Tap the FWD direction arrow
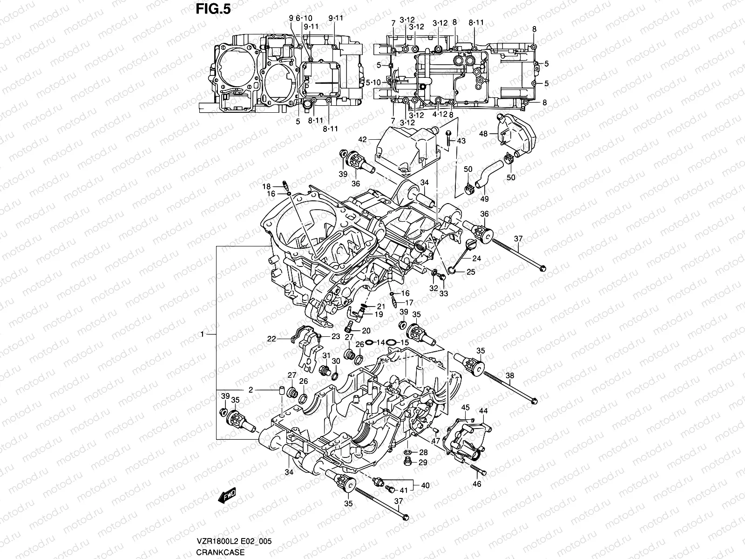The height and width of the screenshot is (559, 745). tap(228, 496)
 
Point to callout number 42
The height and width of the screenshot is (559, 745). tap(363, 139)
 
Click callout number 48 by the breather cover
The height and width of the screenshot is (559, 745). tap(483, 134)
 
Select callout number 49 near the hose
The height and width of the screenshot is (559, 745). tap(485, 199)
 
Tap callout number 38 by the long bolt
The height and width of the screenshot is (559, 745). tap(510, 376)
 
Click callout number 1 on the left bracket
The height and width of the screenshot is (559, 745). tap(203, 334)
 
